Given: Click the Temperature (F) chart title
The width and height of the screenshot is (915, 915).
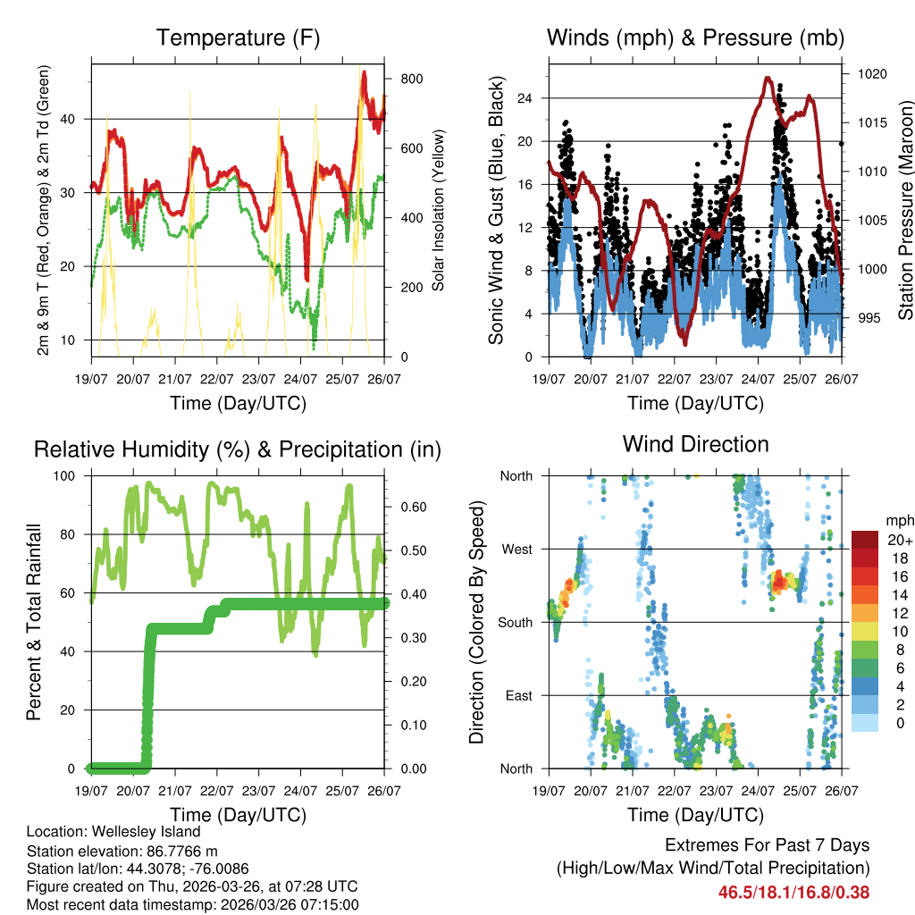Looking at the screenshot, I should click(x=238, y=38).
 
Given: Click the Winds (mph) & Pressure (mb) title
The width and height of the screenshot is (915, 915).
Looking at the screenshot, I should click(x=695, y=38).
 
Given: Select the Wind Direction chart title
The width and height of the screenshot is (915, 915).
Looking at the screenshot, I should click(x=695, y=444).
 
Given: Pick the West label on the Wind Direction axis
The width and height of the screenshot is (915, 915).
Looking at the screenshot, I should click(x=517, y=549).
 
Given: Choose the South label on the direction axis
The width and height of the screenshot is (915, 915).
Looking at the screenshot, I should click(x=516, y=622).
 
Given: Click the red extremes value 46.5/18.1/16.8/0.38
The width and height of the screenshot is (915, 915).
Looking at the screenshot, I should click(x=793, y=892).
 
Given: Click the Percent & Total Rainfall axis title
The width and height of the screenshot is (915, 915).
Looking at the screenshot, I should click(x=34, y=622).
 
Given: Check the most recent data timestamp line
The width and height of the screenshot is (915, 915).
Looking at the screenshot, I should click(x=193, y=904).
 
